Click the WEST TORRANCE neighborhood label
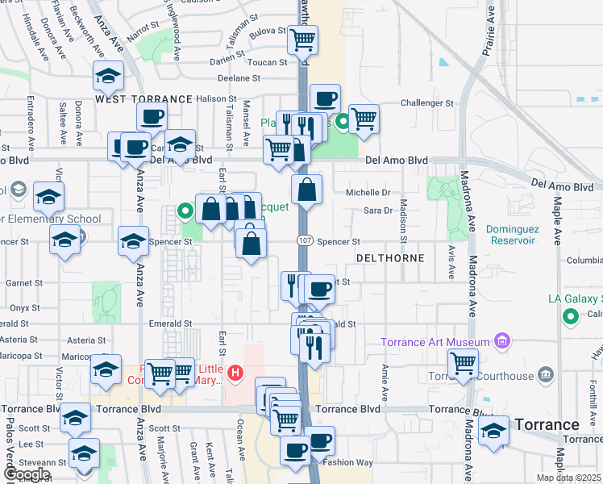(x=144, y=98)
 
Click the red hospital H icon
(x=235, y=373)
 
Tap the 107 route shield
(x=304, y=241)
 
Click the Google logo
(x=26, y=474)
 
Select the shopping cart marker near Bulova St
(x=303, y=39)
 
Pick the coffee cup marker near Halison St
(x=325, y=98)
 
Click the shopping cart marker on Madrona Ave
(x=463, y=362)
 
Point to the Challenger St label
(x=427, y=103)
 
